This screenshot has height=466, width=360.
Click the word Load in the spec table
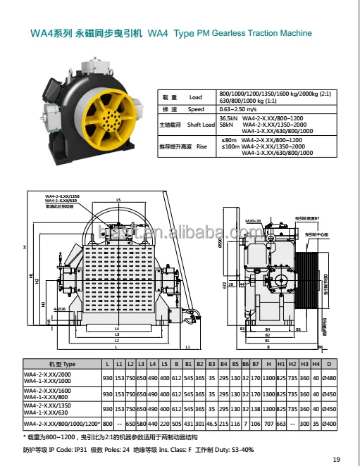tap(195, 97)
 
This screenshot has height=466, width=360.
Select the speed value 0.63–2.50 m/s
tap(237, 110)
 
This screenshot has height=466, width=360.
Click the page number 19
tap(336, 459)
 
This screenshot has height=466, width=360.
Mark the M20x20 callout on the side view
tap(253, 221)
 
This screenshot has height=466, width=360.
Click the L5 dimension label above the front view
tap(118, 201)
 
